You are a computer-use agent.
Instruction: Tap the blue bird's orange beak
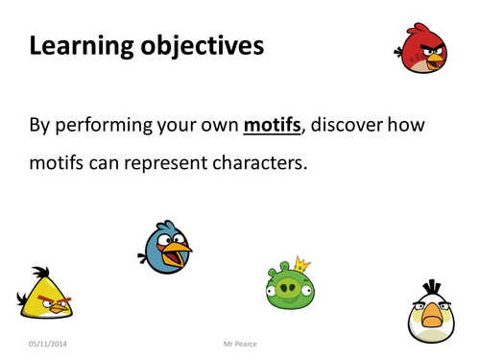(x=178, y=255)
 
